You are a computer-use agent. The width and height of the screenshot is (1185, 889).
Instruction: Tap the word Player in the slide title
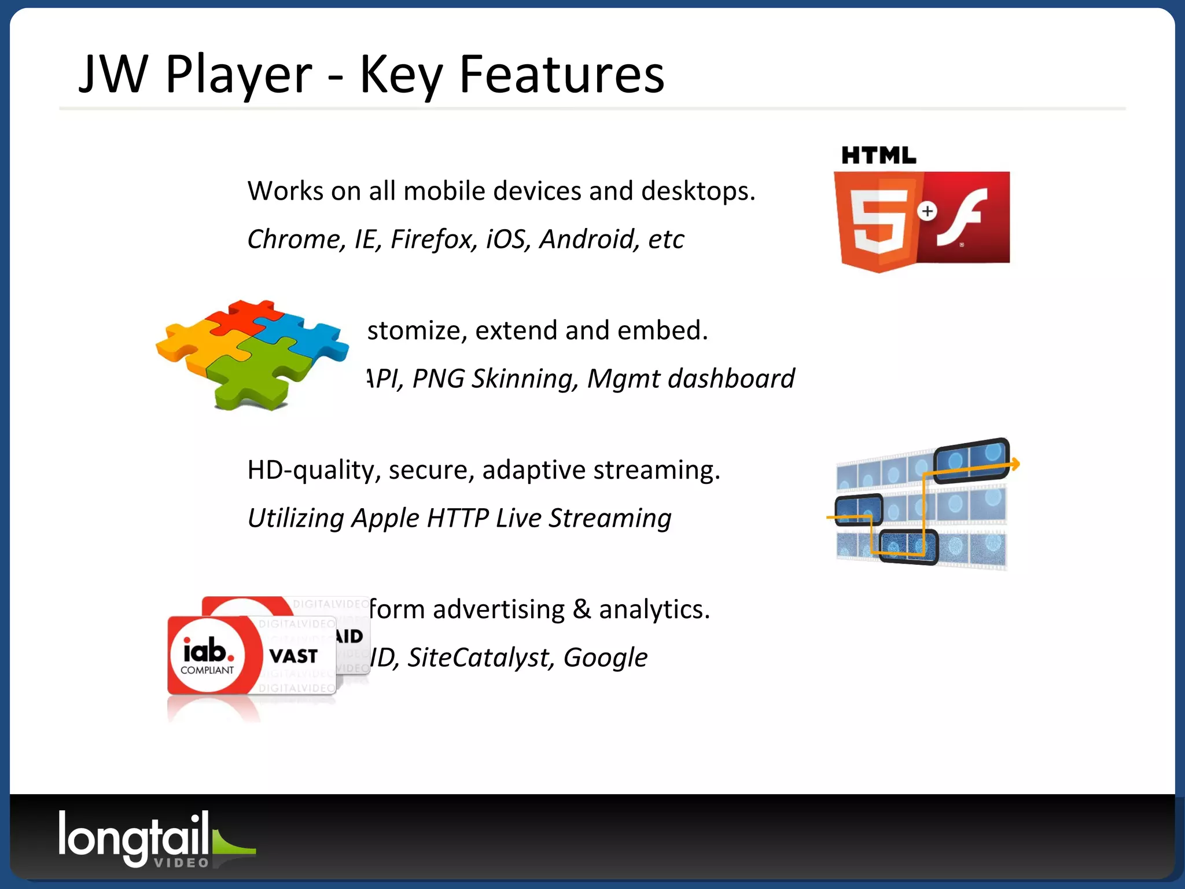[x=238, y=75]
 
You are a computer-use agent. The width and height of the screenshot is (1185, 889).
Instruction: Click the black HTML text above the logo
[x=878, y=156]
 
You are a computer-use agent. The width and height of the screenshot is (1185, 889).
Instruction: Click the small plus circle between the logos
[x=928, y=211]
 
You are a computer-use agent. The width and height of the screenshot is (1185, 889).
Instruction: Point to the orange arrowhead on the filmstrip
[x=1015, y=463]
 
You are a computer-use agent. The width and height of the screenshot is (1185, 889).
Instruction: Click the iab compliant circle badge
[x=207, y=655]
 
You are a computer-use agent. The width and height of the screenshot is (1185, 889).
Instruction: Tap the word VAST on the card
[x=293, y=656]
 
